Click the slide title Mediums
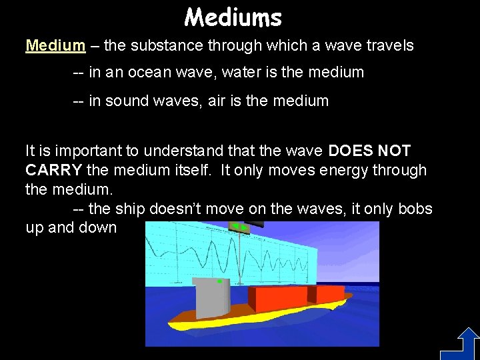(x=233, y=17)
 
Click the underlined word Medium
(x=55, y=46)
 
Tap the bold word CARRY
(x=53, y=171)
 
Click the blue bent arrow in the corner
(x=459, y=343)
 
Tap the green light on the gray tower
(x=219, y=281)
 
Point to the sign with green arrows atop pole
(x=239, y=227)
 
